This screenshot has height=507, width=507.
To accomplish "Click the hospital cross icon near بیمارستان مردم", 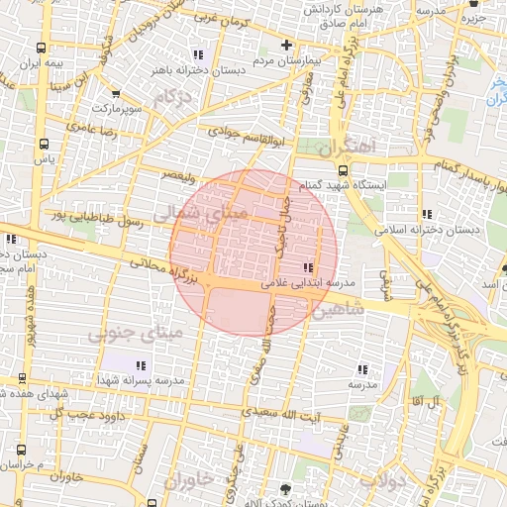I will [x=287, y=45].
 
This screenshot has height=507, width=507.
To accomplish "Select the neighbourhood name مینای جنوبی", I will [x=136, y=335].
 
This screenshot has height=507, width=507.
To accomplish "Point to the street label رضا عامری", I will [x=93, y=129].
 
